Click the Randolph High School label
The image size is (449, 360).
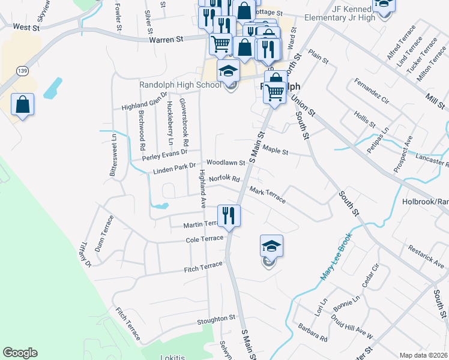tap(181, 85)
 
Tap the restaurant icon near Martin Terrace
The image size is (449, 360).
tap(228, 215)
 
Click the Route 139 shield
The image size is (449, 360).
tap(21, 71)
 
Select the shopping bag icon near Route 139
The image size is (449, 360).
tap(22, 105)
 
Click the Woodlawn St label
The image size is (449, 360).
tap(226, 163)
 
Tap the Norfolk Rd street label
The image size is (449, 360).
tap(224, 179)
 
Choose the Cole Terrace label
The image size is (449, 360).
tap(205, 239)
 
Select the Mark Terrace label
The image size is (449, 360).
tap(268, 195)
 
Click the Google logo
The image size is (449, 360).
tap(20, 353)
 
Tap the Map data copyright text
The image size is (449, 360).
tap(424, 355)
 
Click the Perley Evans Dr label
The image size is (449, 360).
tap(165, 155)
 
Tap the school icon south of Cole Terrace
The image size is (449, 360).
tap(271, 248)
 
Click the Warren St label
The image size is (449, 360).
tap(165, 40)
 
